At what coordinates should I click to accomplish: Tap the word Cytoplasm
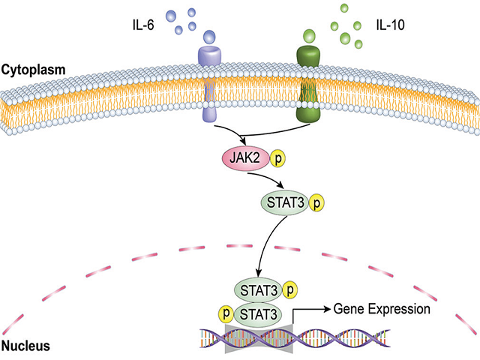pyautogui.click(x=33, y=69)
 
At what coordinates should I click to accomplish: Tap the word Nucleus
pyautogui.click(x=25, y=346)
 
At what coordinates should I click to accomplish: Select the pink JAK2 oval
pyautogui.click(x=242, y=159)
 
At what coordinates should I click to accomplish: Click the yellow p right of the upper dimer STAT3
pyautogui.click(x=292, y=289)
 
